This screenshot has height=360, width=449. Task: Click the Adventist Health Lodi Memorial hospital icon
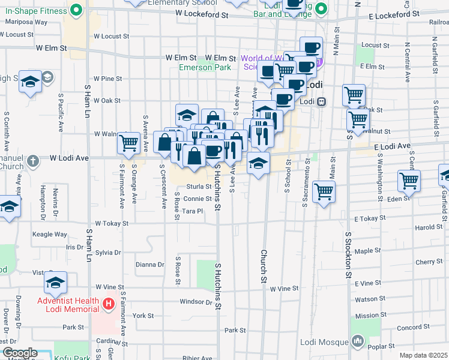[x=109, y=304]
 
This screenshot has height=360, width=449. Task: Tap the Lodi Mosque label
[x=325, y=342]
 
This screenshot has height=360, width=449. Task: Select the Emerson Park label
[x=205, y=67]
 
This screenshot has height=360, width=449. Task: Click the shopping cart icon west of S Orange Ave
[x=128, y=143]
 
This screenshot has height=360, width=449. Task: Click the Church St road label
[x=263, y=266]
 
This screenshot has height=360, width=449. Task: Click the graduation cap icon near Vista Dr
[x=55, y=281]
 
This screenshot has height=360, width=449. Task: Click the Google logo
[x=19, y=353]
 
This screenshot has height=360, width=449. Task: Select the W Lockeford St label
[x=202, y=13]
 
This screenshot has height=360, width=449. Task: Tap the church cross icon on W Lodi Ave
[x=33, y=161]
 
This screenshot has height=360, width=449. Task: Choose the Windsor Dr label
[x=196, y=302]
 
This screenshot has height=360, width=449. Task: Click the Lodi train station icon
[x=322, y=101]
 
